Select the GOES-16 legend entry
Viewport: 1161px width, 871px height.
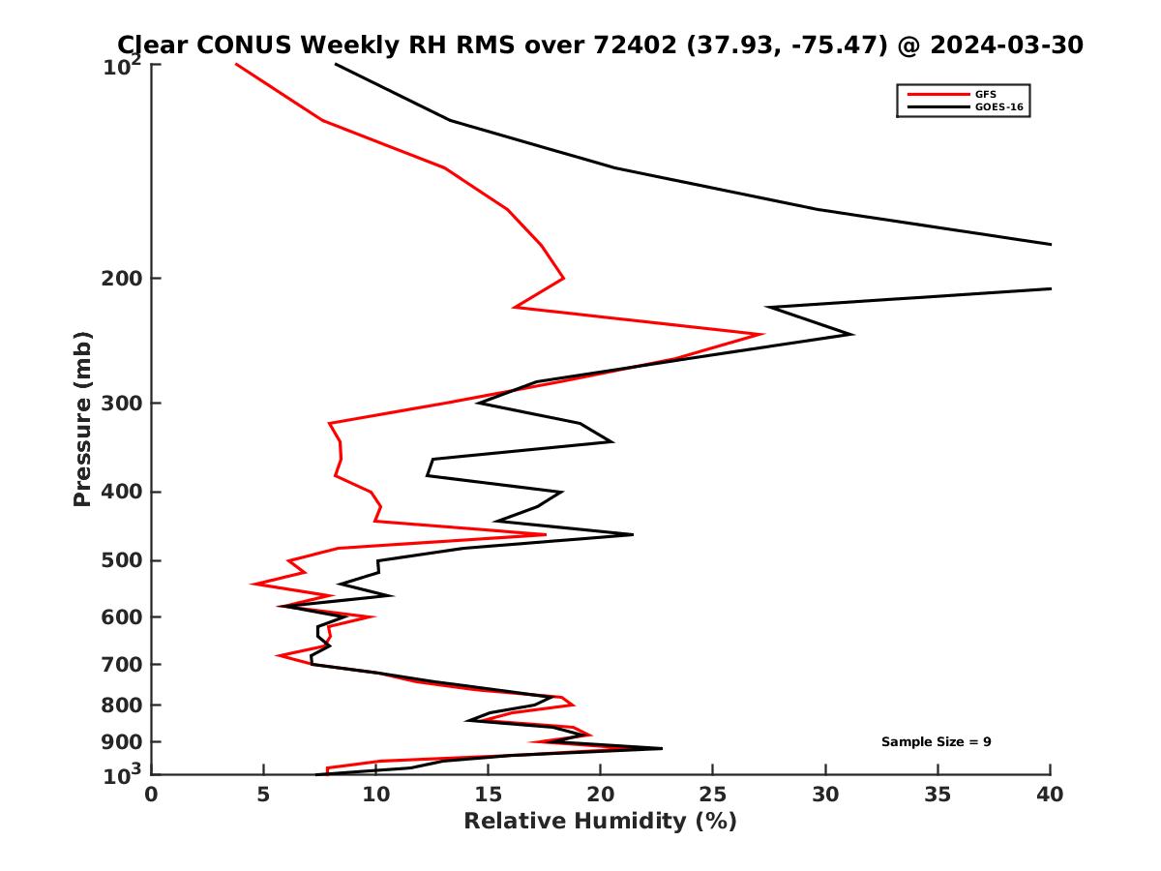pyautogui.click(x=998, y=107)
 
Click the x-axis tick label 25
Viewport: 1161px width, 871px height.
pyautogui.click(x=713, y=795)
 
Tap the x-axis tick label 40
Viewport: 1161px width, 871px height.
pyautogui.click(x=1050, y=795)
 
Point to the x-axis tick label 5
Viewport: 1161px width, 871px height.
pyautogui.click(x=263, y=795)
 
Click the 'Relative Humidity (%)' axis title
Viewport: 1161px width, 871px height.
pyautogui.click(x=600, y=822)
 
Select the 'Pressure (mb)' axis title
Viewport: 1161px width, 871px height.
pyautogui.click(x=82, y=418)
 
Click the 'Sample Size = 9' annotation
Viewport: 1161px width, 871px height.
pyautogui.click(x=936, y=742)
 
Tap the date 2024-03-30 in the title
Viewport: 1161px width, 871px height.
pyautogui.click(x=1003, y=45)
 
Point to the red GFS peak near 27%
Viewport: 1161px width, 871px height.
pyautogui.click(x=762, y=334)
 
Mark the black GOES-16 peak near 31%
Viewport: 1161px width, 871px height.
pyautogui.click(x=851, y=334)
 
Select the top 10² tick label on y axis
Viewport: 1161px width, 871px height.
pyautogui.click(x=124, y=68)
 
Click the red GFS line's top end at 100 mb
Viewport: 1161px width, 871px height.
pyautogui.click(x=236, y=65)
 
